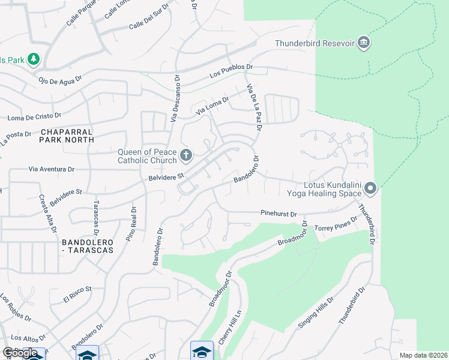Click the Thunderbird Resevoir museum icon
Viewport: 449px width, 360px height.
coord(363,43)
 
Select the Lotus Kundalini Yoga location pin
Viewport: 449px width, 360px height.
coord(370,189)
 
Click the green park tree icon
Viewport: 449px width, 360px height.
coord(35,59)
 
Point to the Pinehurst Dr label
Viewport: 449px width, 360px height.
coord(279,214)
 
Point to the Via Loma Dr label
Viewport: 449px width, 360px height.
coord(213,106)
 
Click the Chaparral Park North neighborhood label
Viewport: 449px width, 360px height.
coord(67,135)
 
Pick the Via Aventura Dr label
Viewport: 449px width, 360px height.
coord(54,170)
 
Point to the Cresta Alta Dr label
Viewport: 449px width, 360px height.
coord(48,213)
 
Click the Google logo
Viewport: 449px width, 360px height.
coord(20,353)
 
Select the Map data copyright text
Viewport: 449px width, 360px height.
coord(423,355)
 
